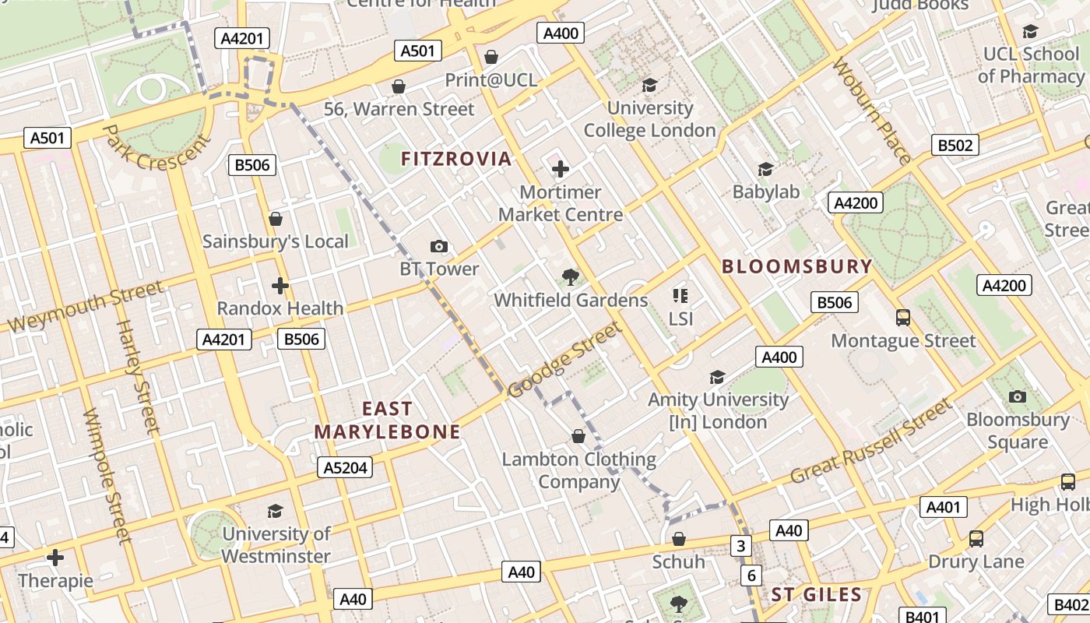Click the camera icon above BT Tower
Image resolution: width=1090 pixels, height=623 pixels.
click(439, 246)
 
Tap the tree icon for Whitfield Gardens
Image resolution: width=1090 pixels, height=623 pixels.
click(571, 276)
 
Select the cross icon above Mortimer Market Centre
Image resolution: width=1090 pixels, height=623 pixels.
click(560, 169)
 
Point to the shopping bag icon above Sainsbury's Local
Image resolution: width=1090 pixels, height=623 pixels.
click(275, 219)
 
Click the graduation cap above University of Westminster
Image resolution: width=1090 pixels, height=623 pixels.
click(275, 511)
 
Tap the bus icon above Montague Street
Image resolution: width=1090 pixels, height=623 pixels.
click(903, 318)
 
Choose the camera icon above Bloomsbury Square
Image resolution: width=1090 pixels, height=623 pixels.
click(1017, 396)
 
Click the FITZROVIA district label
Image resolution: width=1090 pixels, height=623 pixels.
click(456, 159)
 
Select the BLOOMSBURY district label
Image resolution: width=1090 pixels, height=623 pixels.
click(796, 266)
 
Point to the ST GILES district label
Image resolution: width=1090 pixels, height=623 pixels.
click(817, 595)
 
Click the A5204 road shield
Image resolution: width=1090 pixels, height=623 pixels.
click(345, 467)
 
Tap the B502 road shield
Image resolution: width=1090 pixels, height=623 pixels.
click(955, 145)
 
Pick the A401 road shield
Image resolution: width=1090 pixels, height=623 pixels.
click(943, 507)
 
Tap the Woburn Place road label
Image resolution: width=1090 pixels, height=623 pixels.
click(872, 111)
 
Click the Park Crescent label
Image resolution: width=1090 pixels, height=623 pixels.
click(156, 147)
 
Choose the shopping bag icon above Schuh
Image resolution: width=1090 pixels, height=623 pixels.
click(679, 539)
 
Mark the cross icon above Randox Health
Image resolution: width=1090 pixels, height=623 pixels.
click(280, 286)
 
